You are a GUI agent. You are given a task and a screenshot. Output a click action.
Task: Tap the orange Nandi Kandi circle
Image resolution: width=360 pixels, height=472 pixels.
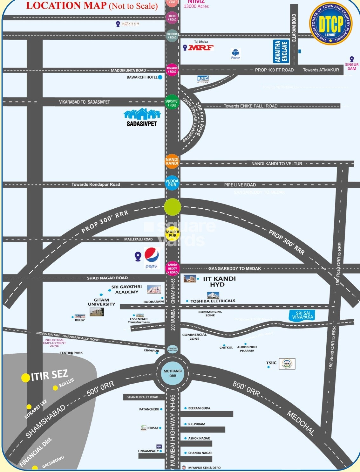(172, 162)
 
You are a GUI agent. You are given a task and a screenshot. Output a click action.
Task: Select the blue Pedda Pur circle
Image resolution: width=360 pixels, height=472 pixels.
(172, 183)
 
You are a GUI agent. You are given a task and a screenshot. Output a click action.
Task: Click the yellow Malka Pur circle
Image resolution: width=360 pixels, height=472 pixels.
(173, 234)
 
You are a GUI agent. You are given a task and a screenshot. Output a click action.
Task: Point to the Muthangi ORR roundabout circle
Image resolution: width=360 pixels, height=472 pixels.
(173, 373)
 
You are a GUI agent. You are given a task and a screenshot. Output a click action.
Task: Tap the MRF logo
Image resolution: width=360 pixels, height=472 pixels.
(201, 48)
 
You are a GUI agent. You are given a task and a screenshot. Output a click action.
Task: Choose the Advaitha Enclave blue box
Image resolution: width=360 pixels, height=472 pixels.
(281, 51)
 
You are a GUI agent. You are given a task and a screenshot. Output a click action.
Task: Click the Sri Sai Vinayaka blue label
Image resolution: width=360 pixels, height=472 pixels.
(302, 315)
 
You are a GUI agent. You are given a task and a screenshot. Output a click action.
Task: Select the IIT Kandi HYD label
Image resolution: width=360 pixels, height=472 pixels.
(219, 281)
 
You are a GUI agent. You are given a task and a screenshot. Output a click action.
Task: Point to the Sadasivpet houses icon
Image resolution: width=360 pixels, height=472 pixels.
(142, 114)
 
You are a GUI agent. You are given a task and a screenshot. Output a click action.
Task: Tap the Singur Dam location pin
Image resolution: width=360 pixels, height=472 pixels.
(352, 59)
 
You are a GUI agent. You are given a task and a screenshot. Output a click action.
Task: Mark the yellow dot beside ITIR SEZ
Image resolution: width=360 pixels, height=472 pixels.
(25, 378)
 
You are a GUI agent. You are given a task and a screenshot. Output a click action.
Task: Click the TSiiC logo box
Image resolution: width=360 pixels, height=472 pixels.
(287, 364)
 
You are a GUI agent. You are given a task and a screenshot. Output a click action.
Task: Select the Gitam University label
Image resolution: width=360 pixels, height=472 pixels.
(101, 302)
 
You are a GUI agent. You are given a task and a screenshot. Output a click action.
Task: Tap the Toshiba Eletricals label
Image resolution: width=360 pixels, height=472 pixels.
(213, 301)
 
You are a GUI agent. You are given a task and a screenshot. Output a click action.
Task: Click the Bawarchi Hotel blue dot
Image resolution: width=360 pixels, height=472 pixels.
(160, 77)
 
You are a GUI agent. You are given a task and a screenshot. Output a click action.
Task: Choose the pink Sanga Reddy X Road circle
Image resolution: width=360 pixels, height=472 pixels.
(173, 268)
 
